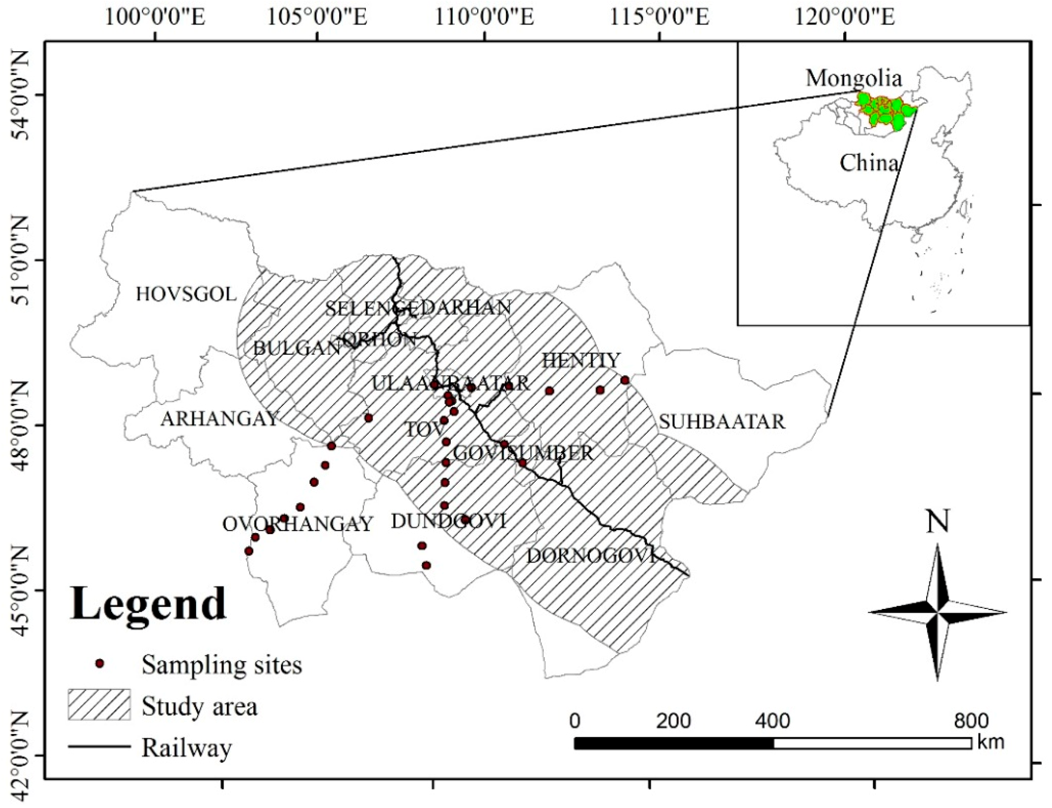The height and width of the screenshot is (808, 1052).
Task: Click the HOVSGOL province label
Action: click(x=186, y=294)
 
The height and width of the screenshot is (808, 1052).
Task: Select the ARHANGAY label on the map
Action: click(x=219, y=419)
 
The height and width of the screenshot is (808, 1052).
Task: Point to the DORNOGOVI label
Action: click(x=591, y=556)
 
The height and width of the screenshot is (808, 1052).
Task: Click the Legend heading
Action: click(x=148, y=604)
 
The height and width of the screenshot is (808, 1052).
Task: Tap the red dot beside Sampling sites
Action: click(x=100, y=664)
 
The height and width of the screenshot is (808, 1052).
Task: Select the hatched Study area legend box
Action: click(x=99, y=705)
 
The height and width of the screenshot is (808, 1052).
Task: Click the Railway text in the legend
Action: click(x=187, y=748)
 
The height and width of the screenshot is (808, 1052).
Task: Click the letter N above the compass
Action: click(x=937, y=522)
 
